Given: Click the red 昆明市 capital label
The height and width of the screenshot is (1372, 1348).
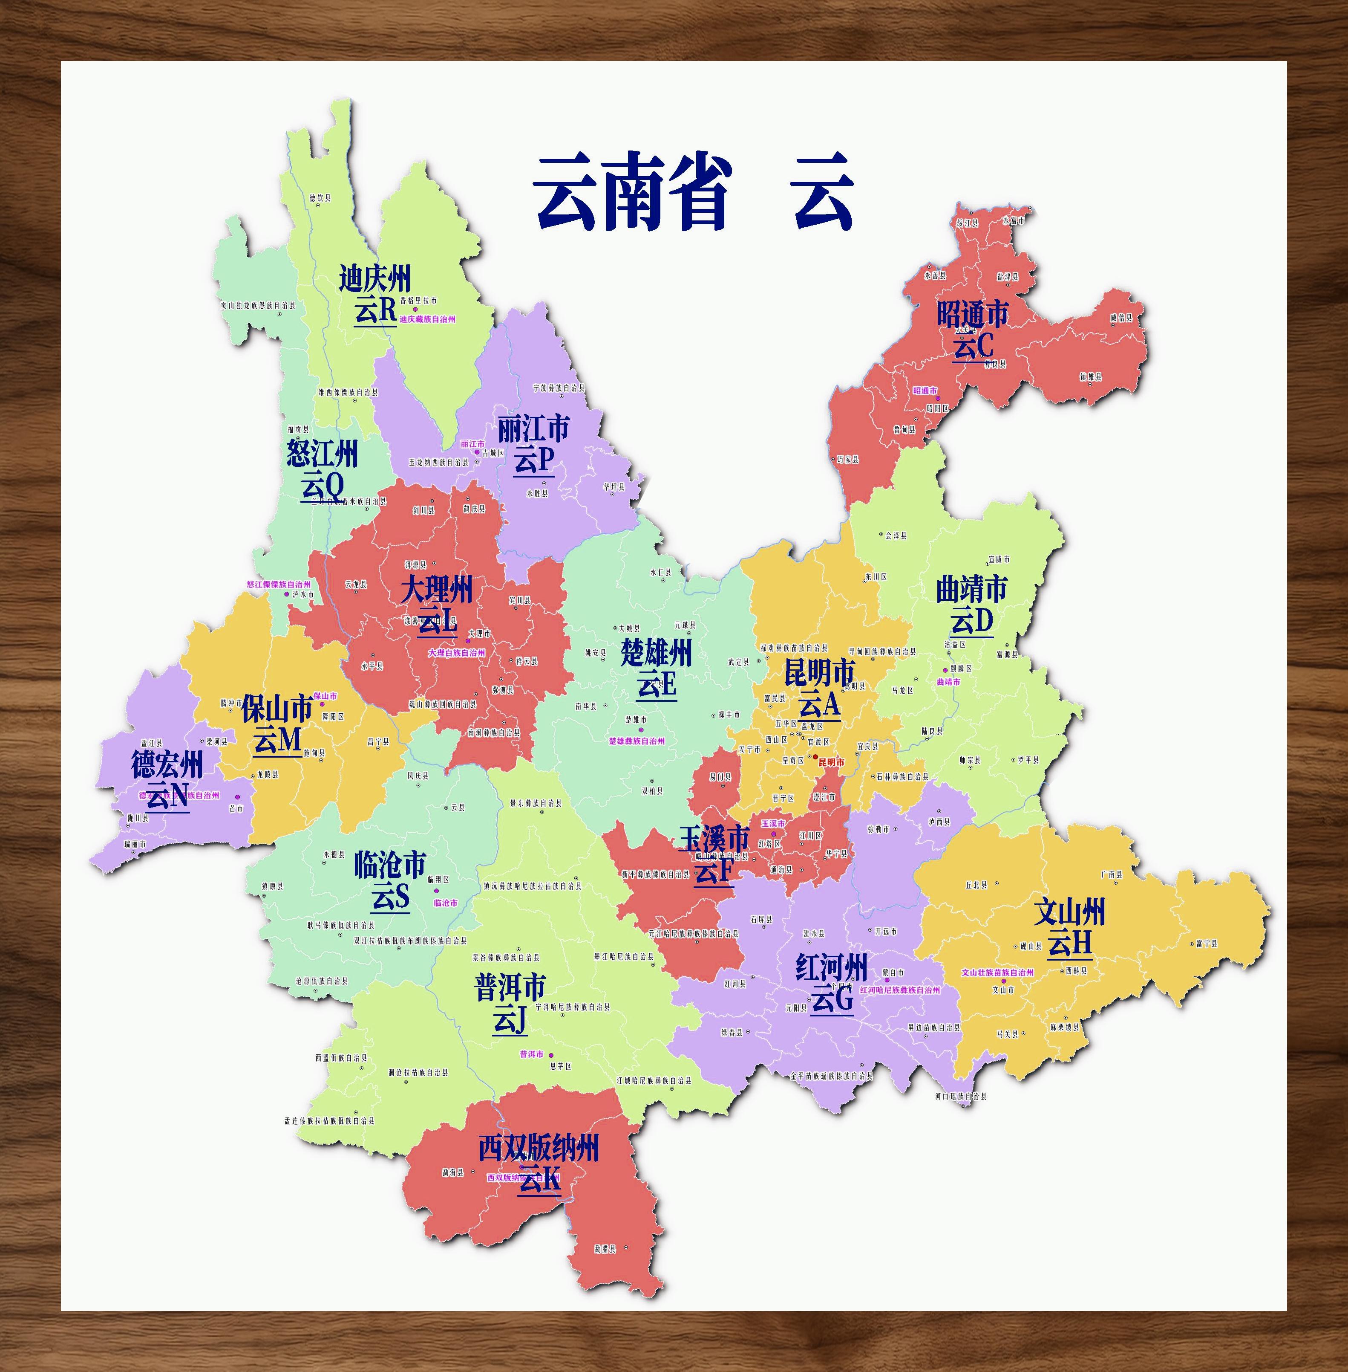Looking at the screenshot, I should [x=831, y=762].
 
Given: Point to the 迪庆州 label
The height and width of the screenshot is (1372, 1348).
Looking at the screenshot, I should [x=374, y=278].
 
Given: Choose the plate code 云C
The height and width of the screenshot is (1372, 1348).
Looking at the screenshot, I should [x=973, y=346].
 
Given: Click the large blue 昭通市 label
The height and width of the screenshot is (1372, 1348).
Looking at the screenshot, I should [x=972, y=315].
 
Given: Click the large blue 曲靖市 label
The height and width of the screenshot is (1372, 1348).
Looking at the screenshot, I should [x=971, y=589].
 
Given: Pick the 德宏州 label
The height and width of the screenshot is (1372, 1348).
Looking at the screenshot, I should [x=167, y=765].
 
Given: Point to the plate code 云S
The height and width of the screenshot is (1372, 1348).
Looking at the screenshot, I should [x=390, y=897].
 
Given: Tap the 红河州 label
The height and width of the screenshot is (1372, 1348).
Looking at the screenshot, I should [x=831, y=967].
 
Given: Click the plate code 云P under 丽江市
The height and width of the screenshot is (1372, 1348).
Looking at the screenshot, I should [x=534, y=460].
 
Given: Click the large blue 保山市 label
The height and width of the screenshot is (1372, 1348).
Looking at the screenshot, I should [x=277, y=708].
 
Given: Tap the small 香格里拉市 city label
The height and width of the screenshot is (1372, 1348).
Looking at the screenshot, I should [x=418, y=300].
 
